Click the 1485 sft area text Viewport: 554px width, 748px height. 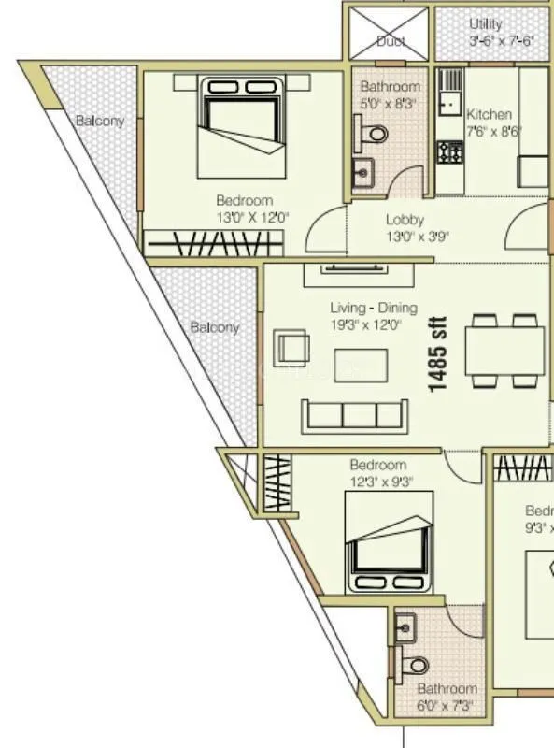(x=438, y=355)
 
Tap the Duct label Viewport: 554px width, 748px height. (x=390, y=41)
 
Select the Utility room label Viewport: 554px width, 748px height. (x=486, y=24)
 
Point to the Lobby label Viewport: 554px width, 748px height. (x=405, y=221)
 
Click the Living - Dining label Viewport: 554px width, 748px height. (x=374, y=309)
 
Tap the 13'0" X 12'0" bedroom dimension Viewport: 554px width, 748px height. (x=250, y=216)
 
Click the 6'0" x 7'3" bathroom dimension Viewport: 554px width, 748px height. (x=447, y=705)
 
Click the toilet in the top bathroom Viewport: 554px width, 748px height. (x=375, y=135)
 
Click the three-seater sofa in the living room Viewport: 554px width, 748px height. (x=354, y=414)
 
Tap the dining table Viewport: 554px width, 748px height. (x=504, y=351)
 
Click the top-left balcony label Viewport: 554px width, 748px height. (x=99, y=121)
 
